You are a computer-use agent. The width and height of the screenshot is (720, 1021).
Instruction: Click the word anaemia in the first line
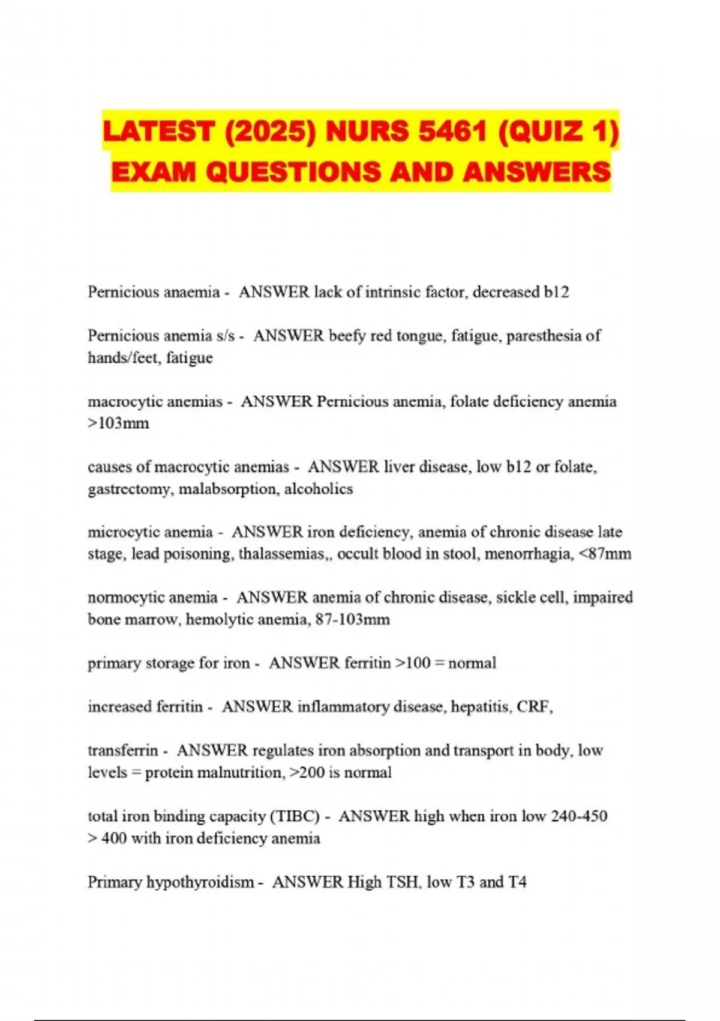coord(188,292)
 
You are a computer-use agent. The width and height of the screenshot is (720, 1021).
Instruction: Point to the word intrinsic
coord(393,292)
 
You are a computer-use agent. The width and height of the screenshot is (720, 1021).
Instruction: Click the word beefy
coord(347,336)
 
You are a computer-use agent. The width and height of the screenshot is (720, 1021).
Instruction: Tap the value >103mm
coord(118,423)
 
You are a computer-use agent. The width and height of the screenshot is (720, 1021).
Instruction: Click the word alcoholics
coord(319,489)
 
